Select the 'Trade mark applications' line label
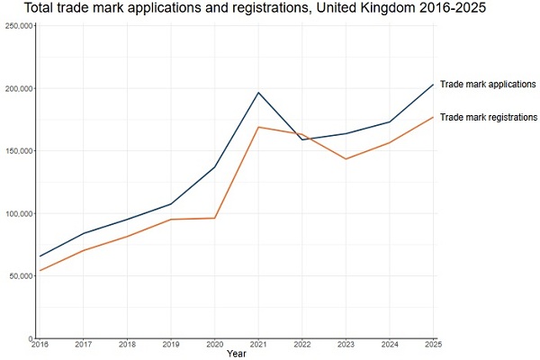[488, 85]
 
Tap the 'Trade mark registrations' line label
[489, 118]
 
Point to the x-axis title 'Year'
[237, 354]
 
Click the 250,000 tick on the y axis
[19, 26]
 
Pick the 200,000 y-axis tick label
[19, 89]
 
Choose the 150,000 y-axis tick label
[19, 151]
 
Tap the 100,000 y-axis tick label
[19, 214]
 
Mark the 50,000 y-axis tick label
[21, 276]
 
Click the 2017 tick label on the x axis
[84, 344]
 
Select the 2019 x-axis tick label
[171, 344]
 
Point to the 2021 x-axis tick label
[258, 344]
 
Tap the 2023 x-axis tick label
[346, 344]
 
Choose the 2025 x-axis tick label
[433, 344]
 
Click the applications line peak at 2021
[258, 93]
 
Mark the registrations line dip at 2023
[346, 158]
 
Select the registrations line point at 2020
[214, 218]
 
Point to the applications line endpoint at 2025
[433, 85]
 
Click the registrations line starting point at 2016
[40, 270]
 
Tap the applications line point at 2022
[302, 139]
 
